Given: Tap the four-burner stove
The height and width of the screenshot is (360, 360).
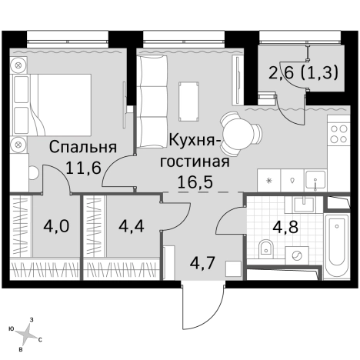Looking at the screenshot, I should coord(339,136).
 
